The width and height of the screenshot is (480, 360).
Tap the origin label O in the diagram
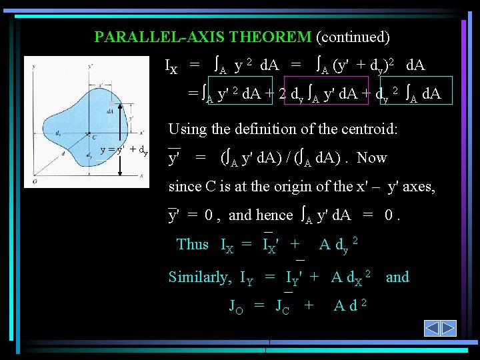tap(29, 180)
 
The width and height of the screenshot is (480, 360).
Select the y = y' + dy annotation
tap(124, 149)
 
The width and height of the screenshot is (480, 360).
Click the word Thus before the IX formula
tap(193, 244)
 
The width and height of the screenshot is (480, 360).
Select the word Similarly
tap(200, 277)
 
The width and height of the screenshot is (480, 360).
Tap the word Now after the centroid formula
tap(372, 158)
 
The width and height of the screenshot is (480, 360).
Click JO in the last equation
tap(236, 306)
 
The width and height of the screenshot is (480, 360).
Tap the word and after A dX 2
tap(397, 277)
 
